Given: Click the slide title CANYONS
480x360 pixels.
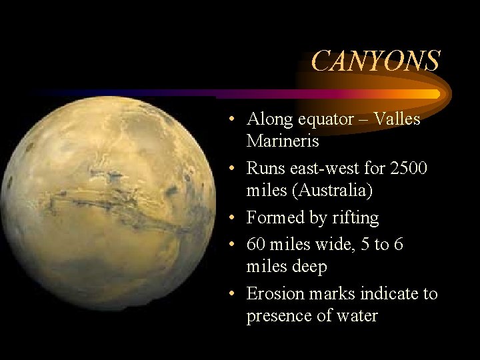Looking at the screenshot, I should (375, 61).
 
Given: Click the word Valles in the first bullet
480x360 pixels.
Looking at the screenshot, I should (397, 119).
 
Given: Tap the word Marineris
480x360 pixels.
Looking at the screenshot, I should (283, 141).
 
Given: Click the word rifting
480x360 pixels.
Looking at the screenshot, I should (356, 218).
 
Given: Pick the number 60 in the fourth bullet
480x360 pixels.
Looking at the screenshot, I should (256, 245).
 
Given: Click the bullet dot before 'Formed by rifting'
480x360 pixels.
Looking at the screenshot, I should (229, 219).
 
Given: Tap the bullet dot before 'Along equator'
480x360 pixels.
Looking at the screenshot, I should (229, 120).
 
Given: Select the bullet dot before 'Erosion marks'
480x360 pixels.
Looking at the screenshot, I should (229, 294).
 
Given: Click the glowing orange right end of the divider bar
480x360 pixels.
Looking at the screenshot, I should (427, 94).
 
